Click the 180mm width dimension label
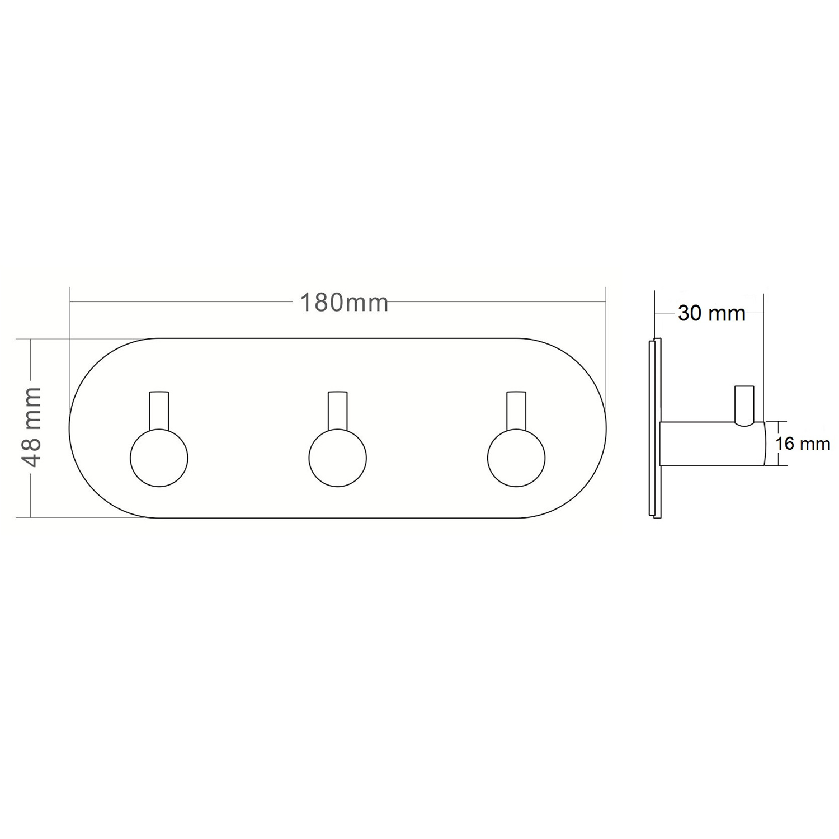pos(344,303)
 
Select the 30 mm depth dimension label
pos(711,313)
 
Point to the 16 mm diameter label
pos(803,444)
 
